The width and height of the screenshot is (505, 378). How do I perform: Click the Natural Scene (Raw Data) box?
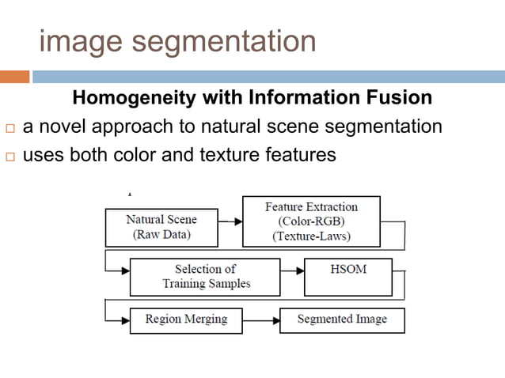tap(161, 227)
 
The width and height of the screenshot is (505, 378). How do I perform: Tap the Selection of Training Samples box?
tap(205, 277)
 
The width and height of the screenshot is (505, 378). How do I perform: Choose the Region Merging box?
tap(186, 320)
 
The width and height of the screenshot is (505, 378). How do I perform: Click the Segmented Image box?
tap(342, 320)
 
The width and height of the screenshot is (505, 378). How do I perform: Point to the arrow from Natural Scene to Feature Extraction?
tap(230, 222)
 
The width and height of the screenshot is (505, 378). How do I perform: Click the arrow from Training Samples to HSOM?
tap(292, 270)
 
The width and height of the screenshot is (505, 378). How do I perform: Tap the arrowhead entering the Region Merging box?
tap(124, 321)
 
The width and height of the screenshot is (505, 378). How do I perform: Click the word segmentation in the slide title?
tap(218, 41)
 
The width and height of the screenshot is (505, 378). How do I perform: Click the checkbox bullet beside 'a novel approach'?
tap(9, 128)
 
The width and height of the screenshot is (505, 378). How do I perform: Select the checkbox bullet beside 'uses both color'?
tap(9, 157)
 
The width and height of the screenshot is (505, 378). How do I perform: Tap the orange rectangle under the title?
tap(14, 77)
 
